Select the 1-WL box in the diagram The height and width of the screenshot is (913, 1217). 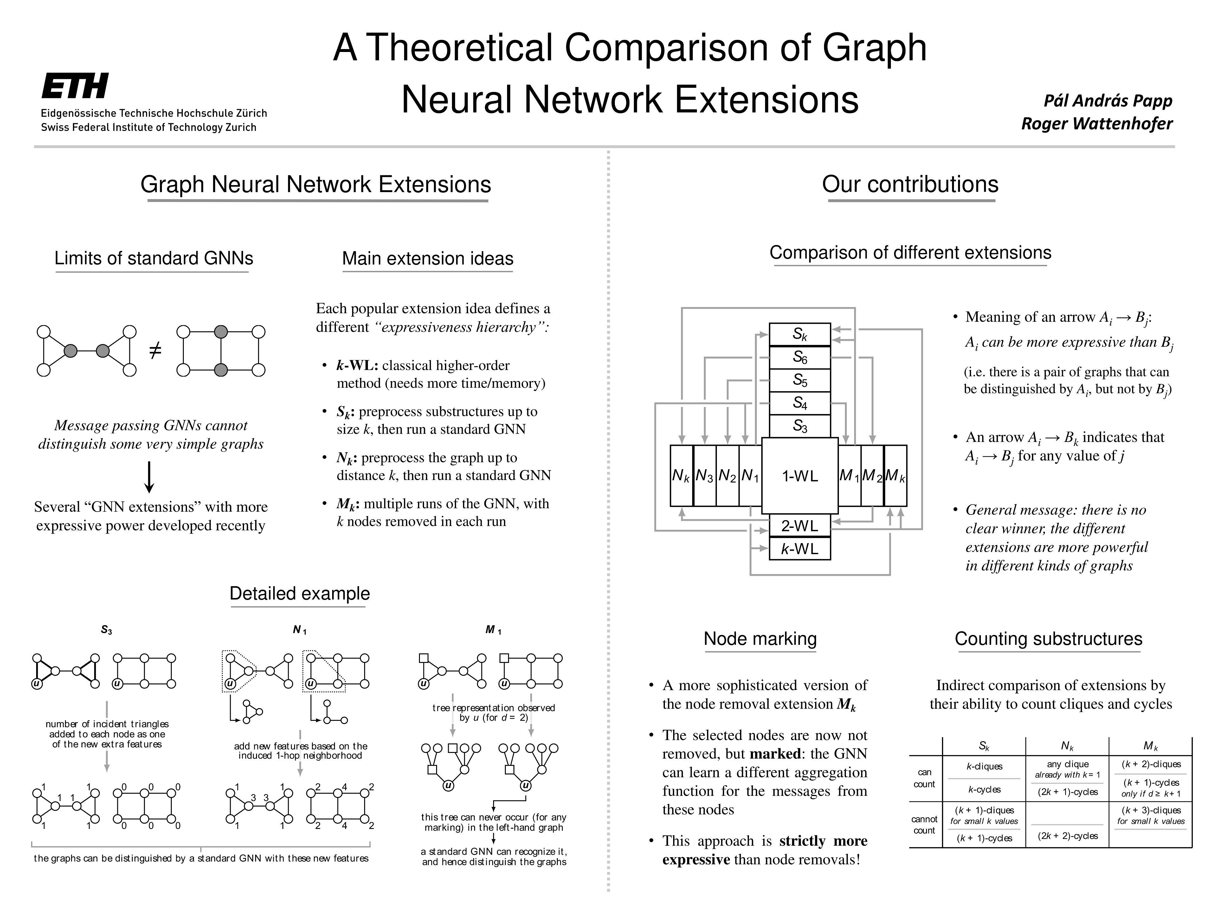[799, 476]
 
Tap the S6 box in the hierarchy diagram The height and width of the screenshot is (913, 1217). [799, 358]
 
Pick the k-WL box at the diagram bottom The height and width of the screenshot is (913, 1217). [799, 549]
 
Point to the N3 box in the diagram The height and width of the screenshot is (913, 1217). [704, 476]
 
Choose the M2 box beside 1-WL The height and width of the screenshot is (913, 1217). [872, 476]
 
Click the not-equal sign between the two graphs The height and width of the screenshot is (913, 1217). [156, 350]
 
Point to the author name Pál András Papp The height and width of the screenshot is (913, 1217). [1108, 101]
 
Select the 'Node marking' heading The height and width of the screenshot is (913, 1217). [760, 638]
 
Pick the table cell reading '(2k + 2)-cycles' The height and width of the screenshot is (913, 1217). [1067, 835]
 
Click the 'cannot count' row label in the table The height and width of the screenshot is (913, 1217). [924, 825]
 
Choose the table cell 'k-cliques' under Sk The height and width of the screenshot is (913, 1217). [984, 766]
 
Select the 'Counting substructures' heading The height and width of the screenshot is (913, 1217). [1048, 638]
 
